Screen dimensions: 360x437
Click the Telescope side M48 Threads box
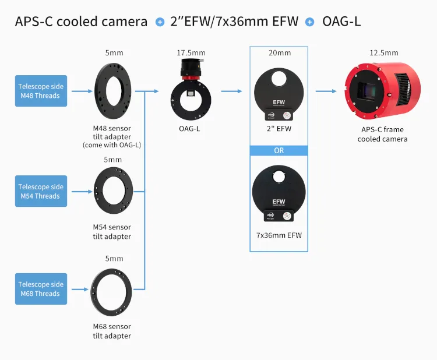pos(41,91)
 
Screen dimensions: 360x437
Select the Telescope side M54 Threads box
pos(41,191)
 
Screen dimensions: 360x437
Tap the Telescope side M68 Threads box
pos(41,289)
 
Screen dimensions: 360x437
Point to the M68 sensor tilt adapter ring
pos(114,289)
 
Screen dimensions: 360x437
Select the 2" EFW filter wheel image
pos(279,91)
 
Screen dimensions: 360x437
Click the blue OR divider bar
pos(279,150)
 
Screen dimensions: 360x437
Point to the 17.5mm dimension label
pos(191,53)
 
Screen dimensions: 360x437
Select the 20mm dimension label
pos(279,53)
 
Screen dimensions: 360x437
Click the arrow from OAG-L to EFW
pos(231,91)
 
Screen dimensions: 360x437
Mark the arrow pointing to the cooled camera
pos(326,91)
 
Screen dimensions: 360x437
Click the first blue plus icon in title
pos(160,22)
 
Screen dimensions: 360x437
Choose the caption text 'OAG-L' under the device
pos(190,128)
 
